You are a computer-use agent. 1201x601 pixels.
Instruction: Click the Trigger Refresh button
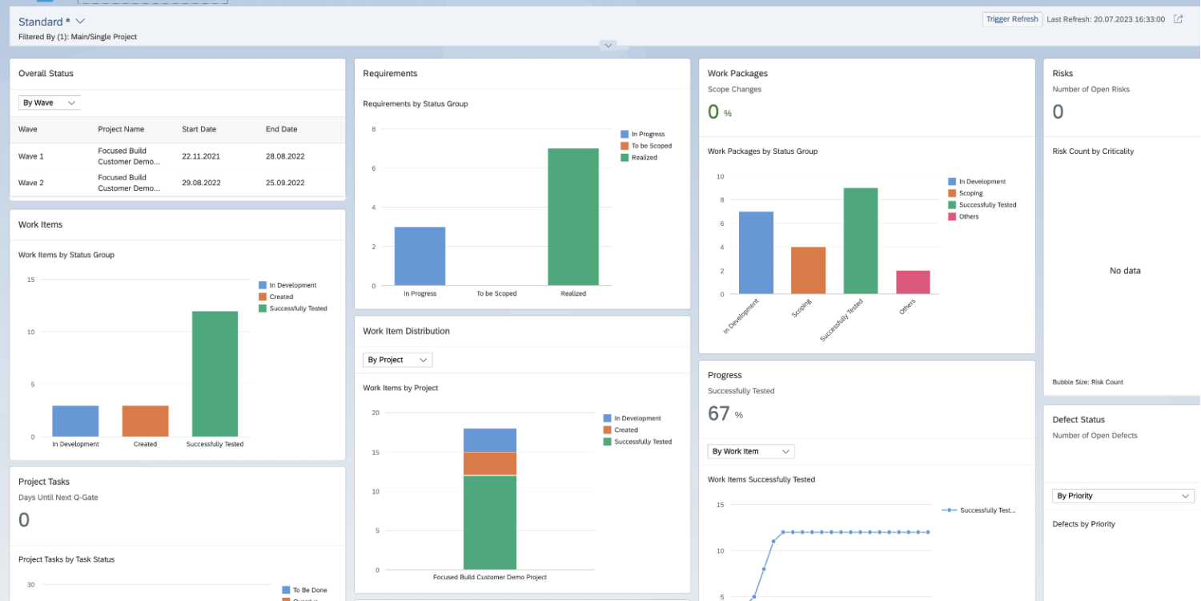click(1012, 19)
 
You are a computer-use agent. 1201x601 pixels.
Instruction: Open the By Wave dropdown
click(50, 103)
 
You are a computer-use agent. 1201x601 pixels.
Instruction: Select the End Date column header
click(281, 129)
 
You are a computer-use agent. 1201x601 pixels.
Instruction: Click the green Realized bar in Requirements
click(573, 216)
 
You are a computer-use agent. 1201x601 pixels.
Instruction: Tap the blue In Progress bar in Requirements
click(420, 256)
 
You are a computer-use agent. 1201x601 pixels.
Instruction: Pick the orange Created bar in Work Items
click(145, 421)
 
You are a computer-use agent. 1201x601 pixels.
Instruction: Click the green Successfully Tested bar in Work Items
click(215, 373)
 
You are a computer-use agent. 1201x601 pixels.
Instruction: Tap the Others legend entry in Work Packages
click(969, 216)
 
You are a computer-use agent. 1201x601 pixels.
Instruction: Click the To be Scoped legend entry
click(651, 146)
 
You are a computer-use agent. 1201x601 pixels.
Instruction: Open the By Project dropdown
click(397, 360)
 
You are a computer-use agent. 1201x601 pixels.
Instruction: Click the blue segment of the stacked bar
click(490, 440)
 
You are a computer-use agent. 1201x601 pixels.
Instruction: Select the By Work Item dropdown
click(750, 451)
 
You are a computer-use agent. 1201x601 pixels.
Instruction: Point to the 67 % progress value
click(720, 413)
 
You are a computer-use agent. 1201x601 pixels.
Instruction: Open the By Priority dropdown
click(1123, 496)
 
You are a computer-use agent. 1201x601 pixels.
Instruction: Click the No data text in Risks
click(1125, 271)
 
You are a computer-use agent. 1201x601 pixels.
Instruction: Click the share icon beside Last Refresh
click(1178, 19)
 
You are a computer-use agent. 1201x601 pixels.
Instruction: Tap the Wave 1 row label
click(31, 156)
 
